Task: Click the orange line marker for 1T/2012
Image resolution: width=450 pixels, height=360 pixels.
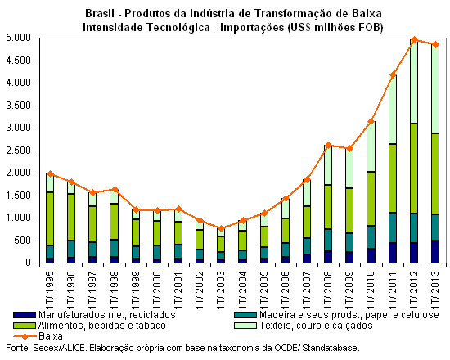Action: pyautogui.click(x=414, y=39)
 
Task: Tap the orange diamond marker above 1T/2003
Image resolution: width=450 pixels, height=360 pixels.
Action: pyautogui.click(x=221, y=229)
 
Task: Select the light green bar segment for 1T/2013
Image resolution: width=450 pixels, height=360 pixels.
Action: pyautogui.click(x=435, y=89)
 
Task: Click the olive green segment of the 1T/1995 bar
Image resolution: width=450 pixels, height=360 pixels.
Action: pyautogui.click(x=50, y=218)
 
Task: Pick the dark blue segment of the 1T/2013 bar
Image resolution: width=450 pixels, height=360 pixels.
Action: pyautogui.click(x=435, y=251)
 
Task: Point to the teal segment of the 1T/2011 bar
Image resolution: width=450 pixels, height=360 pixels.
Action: pyautogui.click(x=393, y=227)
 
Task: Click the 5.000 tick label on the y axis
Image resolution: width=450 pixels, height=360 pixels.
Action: pyautogui.click(x=19, y=38)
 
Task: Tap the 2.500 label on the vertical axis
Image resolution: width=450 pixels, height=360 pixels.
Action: pyautogui.click(x=19, y=151)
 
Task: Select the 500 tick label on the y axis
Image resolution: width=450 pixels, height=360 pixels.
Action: pyautogui.click(x=24, y=241)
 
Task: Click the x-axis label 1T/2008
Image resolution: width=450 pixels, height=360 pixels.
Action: pyautogui.click(x=328, y=290)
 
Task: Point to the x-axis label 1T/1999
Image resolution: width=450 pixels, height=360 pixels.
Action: pyautogui.click(x=136, y=290)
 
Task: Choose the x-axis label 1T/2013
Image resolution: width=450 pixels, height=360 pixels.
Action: pyautogui.click(x=435, y=290)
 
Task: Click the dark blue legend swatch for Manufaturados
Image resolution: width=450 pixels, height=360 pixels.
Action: pyautogui.click(x=25, y=315)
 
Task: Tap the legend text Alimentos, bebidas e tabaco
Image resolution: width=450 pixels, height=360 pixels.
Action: pyautogui.click(x=102, y=326)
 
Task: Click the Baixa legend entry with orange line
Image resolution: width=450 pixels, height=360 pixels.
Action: pyautogui.click(x=38, y=336)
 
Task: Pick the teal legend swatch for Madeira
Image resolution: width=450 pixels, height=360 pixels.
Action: pyautogui.click(x=245, y=315)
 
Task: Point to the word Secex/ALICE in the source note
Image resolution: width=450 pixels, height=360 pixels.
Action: pyautogui.click(x=60, y=349)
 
